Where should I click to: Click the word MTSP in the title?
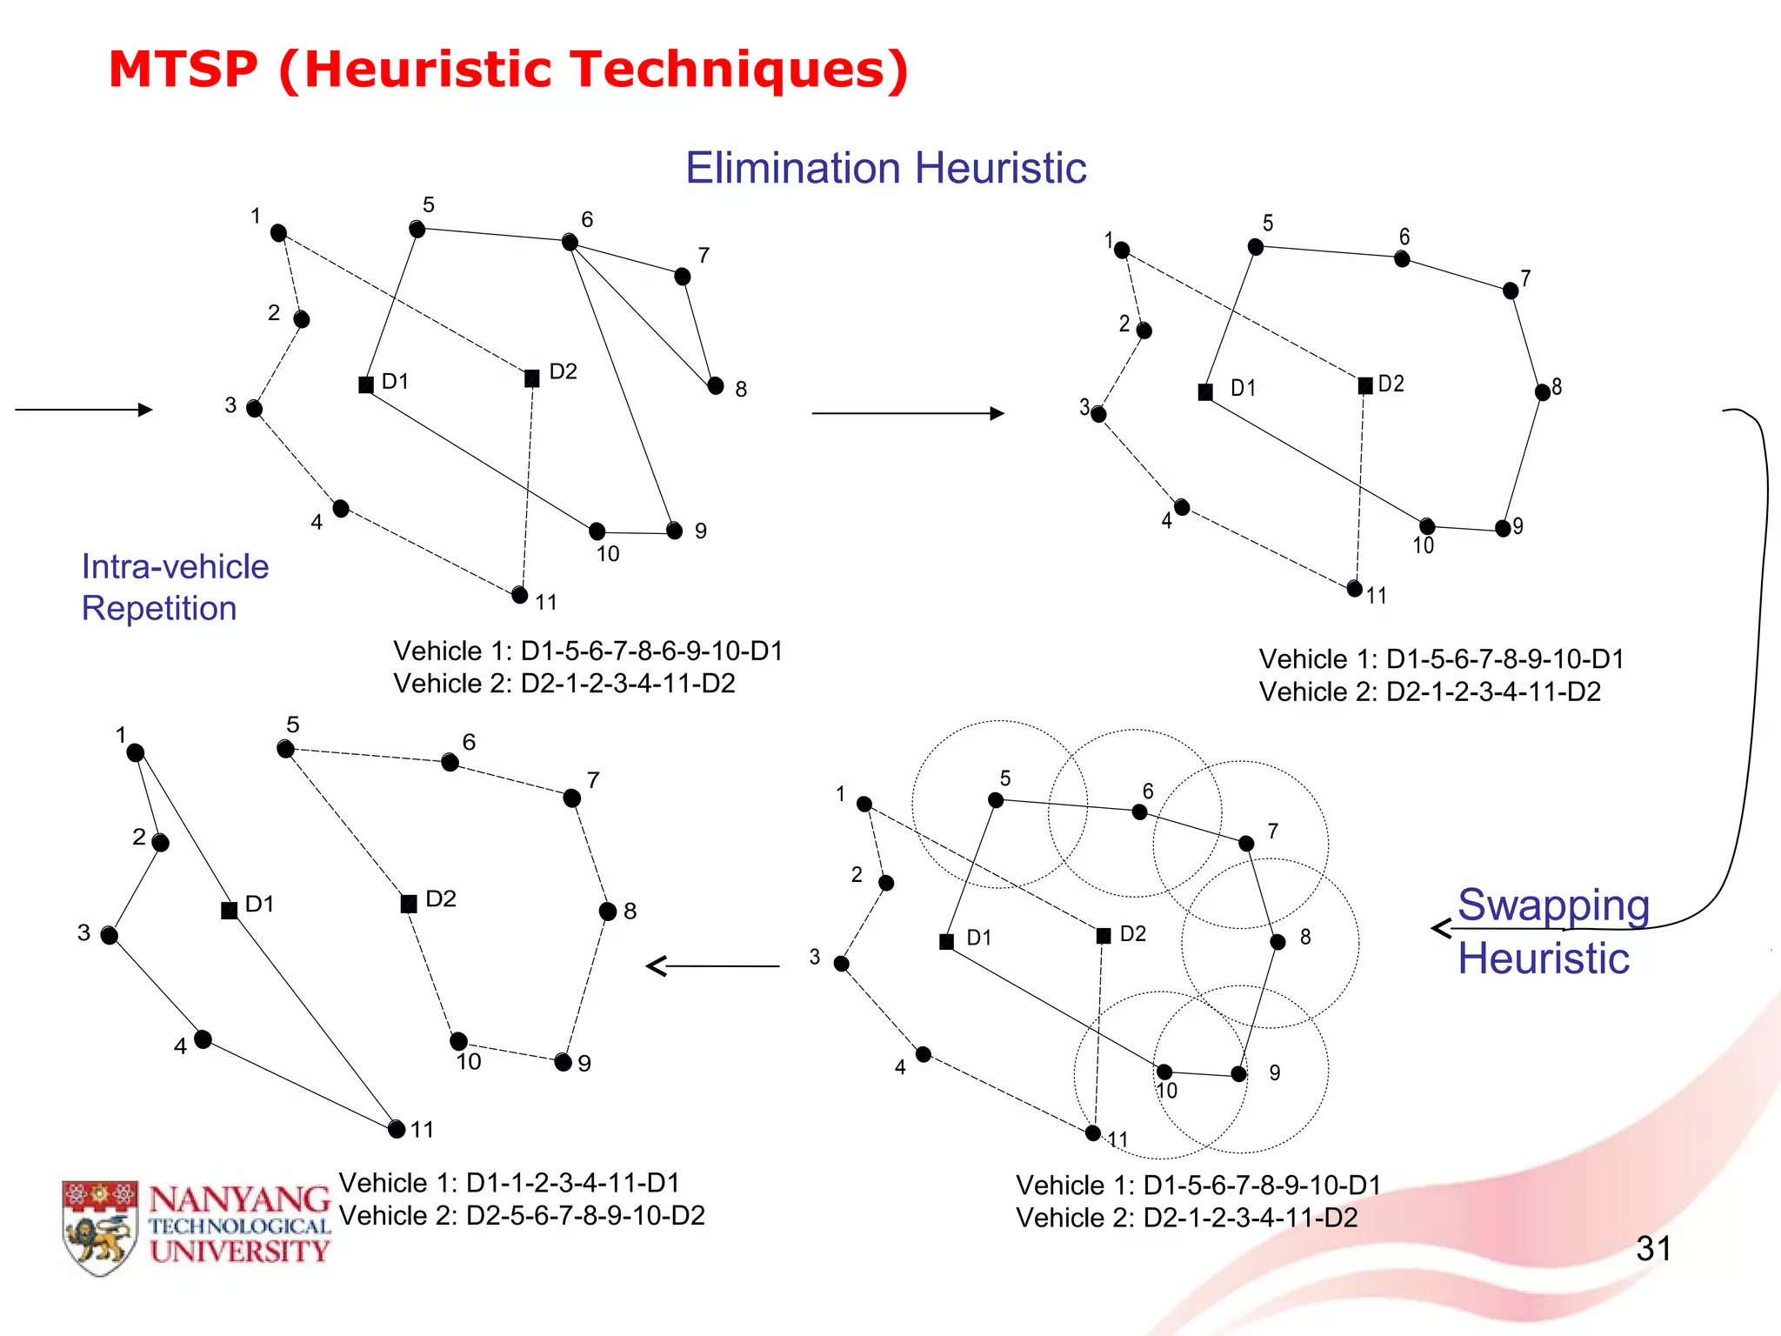(183, 70)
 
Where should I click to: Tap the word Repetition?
(159, 608)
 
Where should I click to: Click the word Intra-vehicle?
(175, 567)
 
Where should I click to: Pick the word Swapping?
(1553, 905)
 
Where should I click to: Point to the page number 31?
(1653, 1249)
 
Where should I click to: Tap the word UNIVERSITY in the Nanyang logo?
(239, 1252)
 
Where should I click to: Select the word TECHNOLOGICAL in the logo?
(239, 1226)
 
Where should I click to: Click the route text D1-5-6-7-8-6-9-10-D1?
(651, 651)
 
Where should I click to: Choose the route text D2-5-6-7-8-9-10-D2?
(585, 1216)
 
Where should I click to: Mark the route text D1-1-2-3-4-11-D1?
(573, 1183)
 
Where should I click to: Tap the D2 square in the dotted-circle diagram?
(1104, 936)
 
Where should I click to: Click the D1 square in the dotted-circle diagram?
(947, 942)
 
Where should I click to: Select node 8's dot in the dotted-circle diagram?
(1277, 942)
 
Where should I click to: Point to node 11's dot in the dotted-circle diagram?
(1093, 1132)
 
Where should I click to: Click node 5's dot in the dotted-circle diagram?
(996, 800)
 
